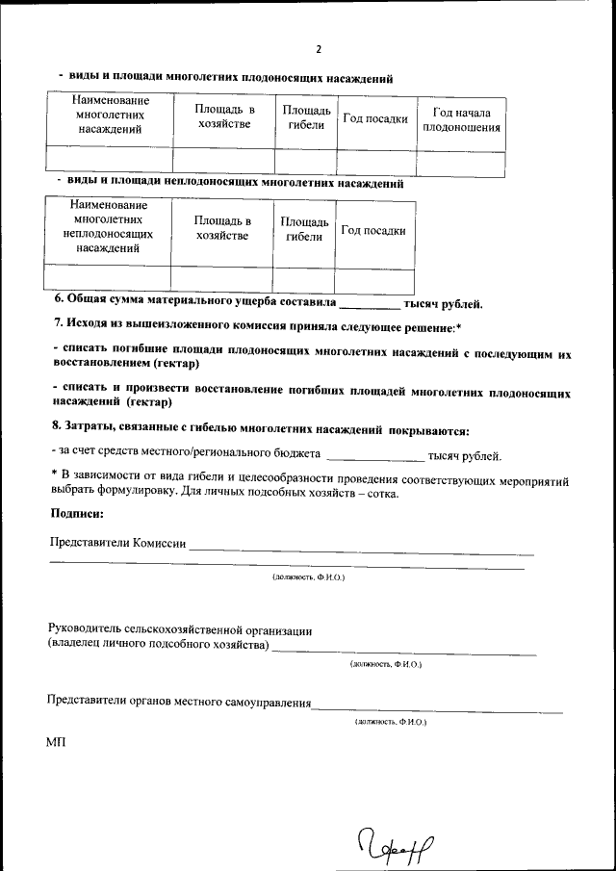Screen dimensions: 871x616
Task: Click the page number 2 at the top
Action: (319, 49)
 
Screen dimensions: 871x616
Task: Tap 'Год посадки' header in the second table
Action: (373, 231)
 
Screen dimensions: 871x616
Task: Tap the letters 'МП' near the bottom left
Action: (55, 744)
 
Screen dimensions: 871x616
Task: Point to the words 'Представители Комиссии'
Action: (117, 543)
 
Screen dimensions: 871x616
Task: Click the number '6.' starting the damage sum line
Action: (58, 303)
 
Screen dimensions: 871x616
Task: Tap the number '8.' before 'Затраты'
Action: (56, 430)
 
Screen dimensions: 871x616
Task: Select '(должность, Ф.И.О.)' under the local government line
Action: (390, 721)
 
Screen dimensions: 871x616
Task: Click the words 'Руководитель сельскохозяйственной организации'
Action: (180, 630)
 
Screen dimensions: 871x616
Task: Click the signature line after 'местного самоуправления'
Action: (438, 710)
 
